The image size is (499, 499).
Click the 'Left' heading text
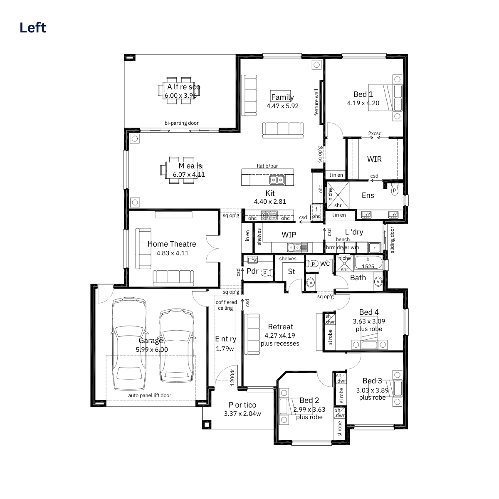point(33,28)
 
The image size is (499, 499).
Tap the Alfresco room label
point(184,87)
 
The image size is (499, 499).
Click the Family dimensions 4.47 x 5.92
point(282,106)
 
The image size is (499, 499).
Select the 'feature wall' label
point(316,102)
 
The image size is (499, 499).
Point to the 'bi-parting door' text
point(182,123)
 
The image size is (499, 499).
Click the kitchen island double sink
point(277,180)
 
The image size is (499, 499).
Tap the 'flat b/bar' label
point(267,166)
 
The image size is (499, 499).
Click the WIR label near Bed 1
point(374,159)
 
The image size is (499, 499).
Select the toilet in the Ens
point(394,190)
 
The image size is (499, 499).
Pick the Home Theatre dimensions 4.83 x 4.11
point(173,253)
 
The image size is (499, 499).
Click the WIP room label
point(289,235)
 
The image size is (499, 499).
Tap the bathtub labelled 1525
point(368,262)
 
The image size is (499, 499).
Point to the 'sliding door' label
point(392,240)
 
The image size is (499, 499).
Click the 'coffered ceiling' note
point(226,305)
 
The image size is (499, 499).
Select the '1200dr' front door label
point(232,377)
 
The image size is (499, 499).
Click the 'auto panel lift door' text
point(150,395)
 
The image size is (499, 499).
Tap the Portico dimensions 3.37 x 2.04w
point(242,413)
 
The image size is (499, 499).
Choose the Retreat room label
point(280,326)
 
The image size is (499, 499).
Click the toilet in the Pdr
point(267,272)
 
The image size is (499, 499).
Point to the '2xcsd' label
point(375,133)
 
